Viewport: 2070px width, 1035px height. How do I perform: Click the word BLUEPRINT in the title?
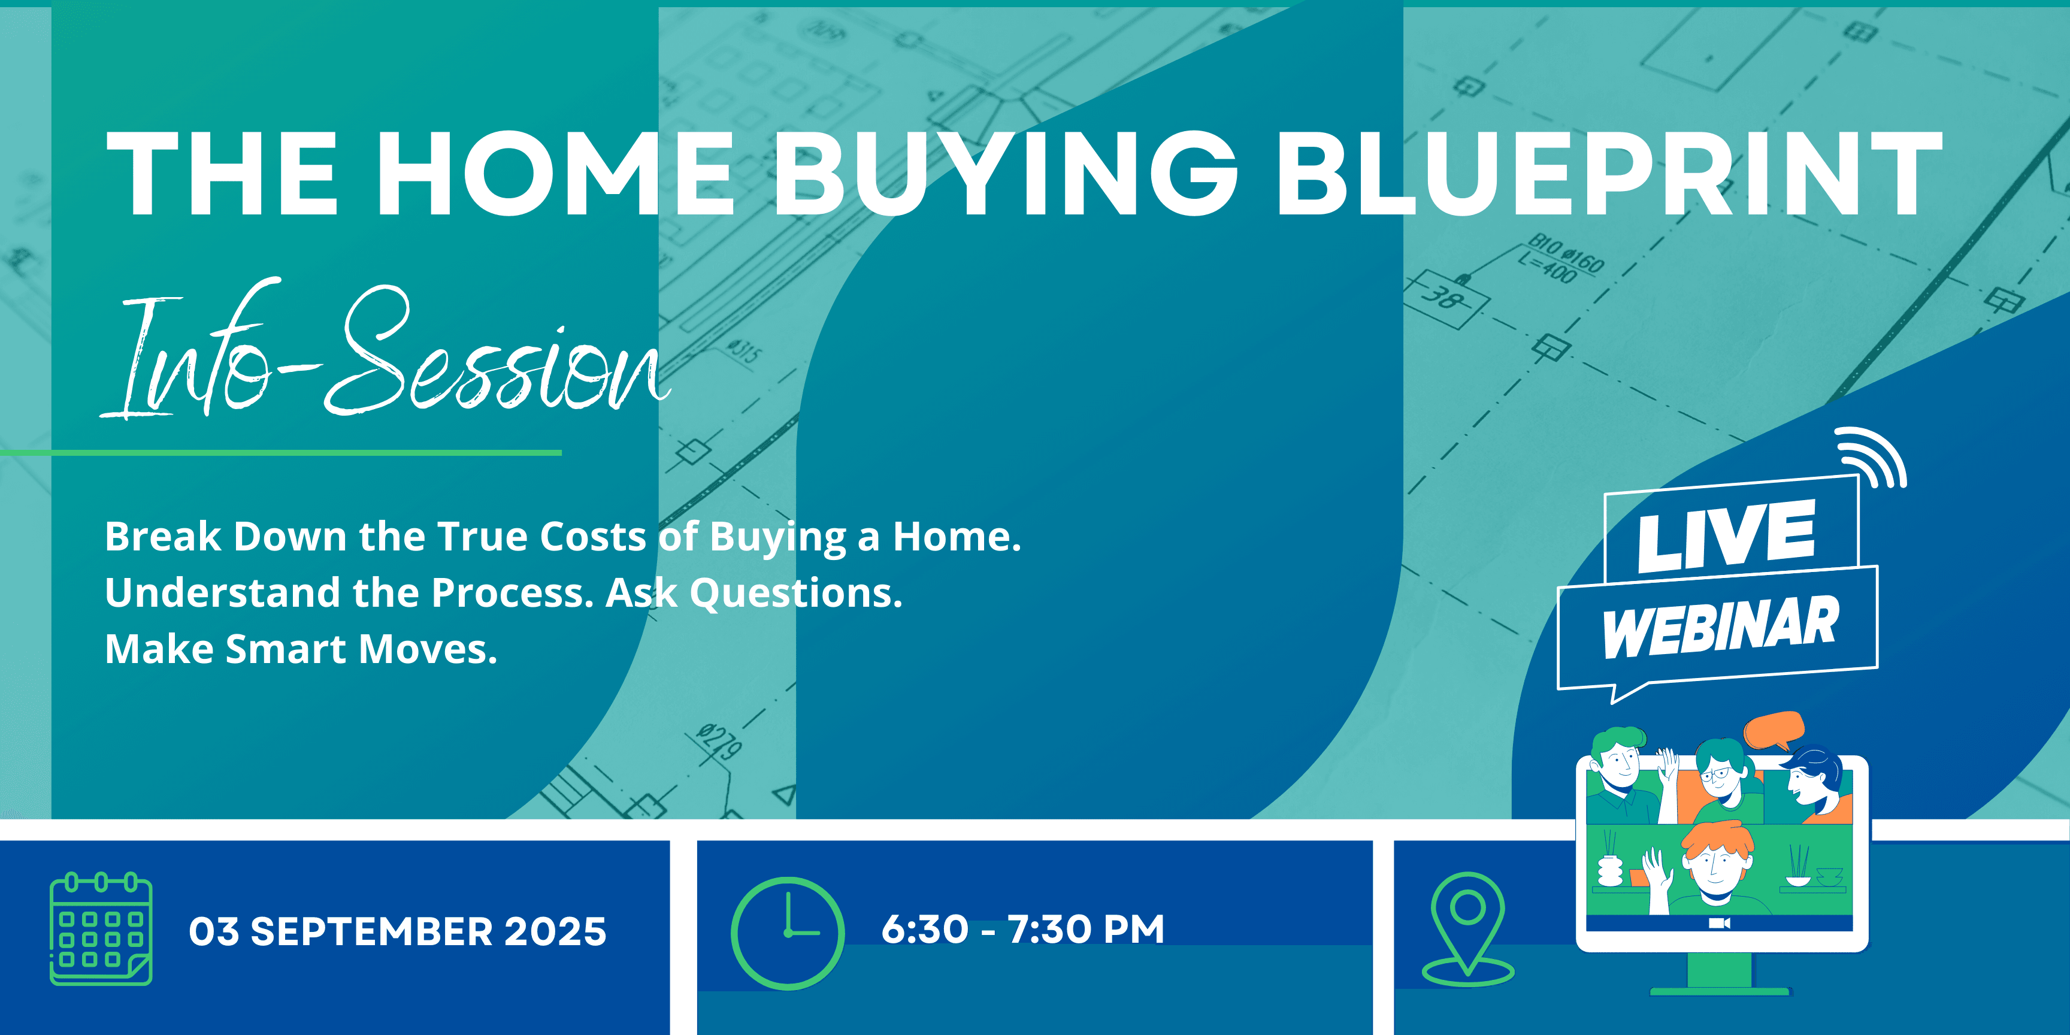click(x=1609, y=174)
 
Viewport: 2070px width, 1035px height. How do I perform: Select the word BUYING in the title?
click(x=1005, y=174)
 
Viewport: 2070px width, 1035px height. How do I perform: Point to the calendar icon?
click(x=101, y=929)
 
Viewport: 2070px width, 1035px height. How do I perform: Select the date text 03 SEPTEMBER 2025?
click(x=398, y=931)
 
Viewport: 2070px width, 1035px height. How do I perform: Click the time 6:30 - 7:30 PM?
click(x=1023, y=929)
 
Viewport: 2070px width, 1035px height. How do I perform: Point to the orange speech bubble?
click(x=1774, y=730)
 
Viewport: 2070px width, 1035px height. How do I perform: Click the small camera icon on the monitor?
click(x=1719, y=924)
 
